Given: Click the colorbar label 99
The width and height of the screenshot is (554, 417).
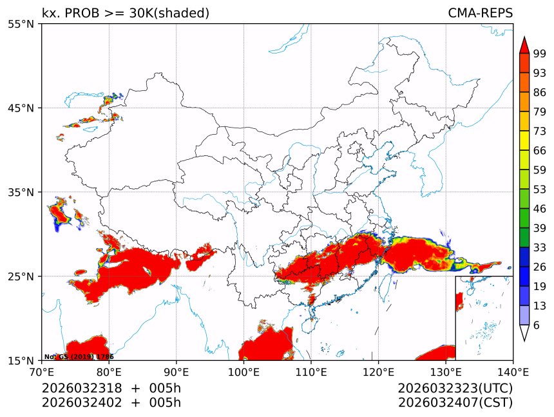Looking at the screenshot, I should coord(540,53).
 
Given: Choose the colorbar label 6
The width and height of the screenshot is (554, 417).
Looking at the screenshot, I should coord(537,325).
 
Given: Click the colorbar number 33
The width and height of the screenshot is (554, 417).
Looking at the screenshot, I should coord(540,247).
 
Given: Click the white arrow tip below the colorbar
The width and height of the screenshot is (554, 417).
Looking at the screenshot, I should coord(524,333).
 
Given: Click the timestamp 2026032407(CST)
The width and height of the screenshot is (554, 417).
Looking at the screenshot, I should coord(455,403).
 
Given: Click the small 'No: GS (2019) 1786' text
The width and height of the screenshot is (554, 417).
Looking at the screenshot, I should coord(79,356).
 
